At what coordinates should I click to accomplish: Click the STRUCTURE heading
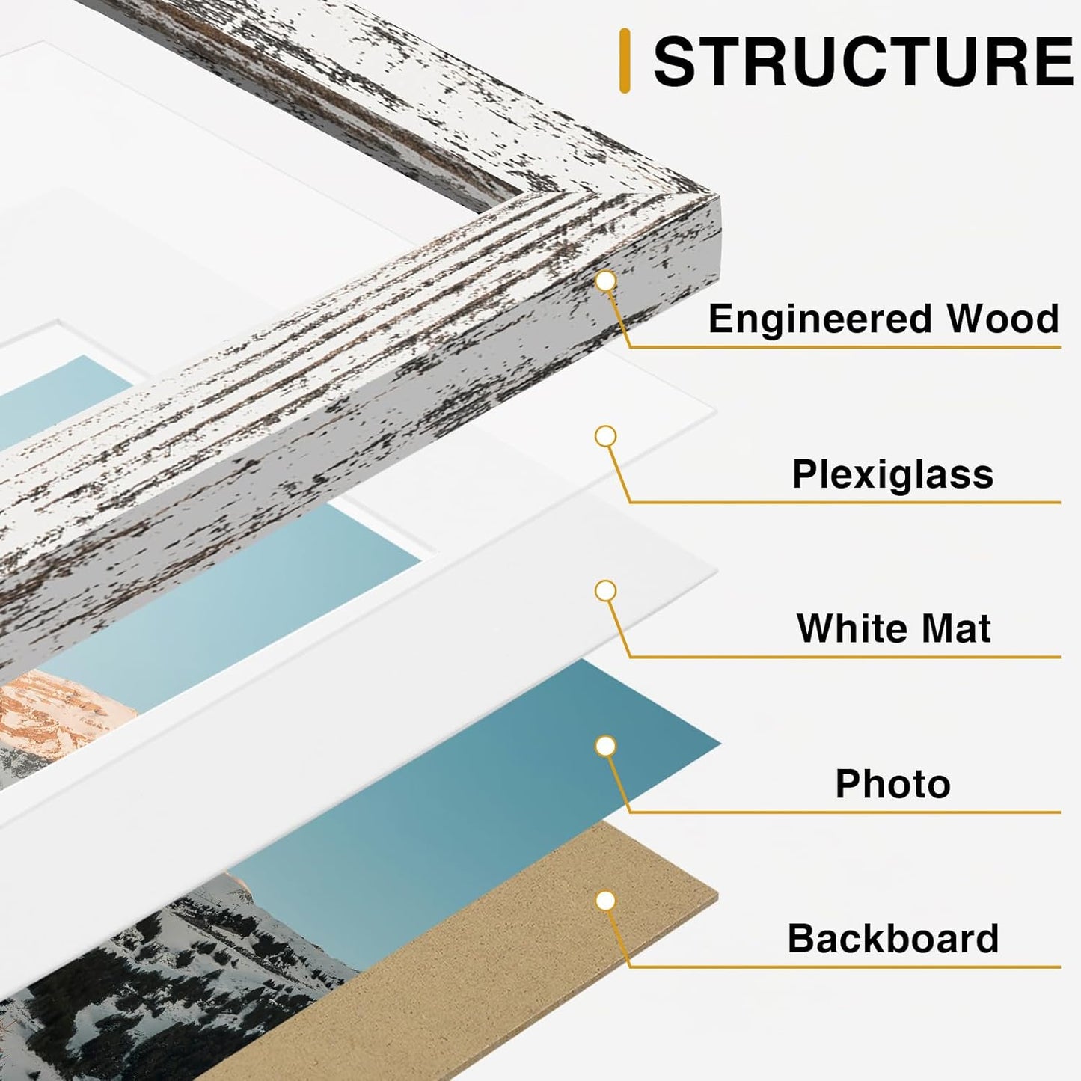(863, 61)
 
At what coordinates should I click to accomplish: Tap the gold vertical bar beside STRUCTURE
(625, 61)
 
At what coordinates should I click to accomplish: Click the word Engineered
(819, 319)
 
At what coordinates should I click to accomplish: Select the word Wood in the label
(1002, 319)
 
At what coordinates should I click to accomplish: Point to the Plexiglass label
(892, 474)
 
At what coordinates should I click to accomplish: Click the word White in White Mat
(845, 628)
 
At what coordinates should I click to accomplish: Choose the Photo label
(892, 784)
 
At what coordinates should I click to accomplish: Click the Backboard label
(892, 939)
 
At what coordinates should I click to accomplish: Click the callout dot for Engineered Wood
(605, 281)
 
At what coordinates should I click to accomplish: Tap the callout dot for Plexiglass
(605, 436)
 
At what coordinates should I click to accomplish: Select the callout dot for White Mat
(605, 591)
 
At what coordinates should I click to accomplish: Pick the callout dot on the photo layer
(605, 746)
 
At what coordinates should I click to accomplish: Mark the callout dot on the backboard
(605, 901)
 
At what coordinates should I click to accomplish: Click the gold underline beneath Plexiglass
(845, 502)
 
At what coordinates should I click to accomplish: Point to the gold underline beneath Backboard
(845, 967)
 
